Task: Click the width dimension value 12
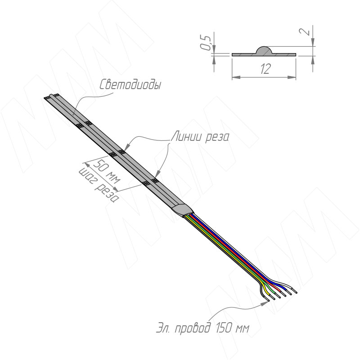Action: (x=265, y=68)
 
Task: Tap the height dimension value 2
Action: (x=306, y=32)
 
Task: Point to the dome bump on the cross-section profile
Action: (x=263, y=50)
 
